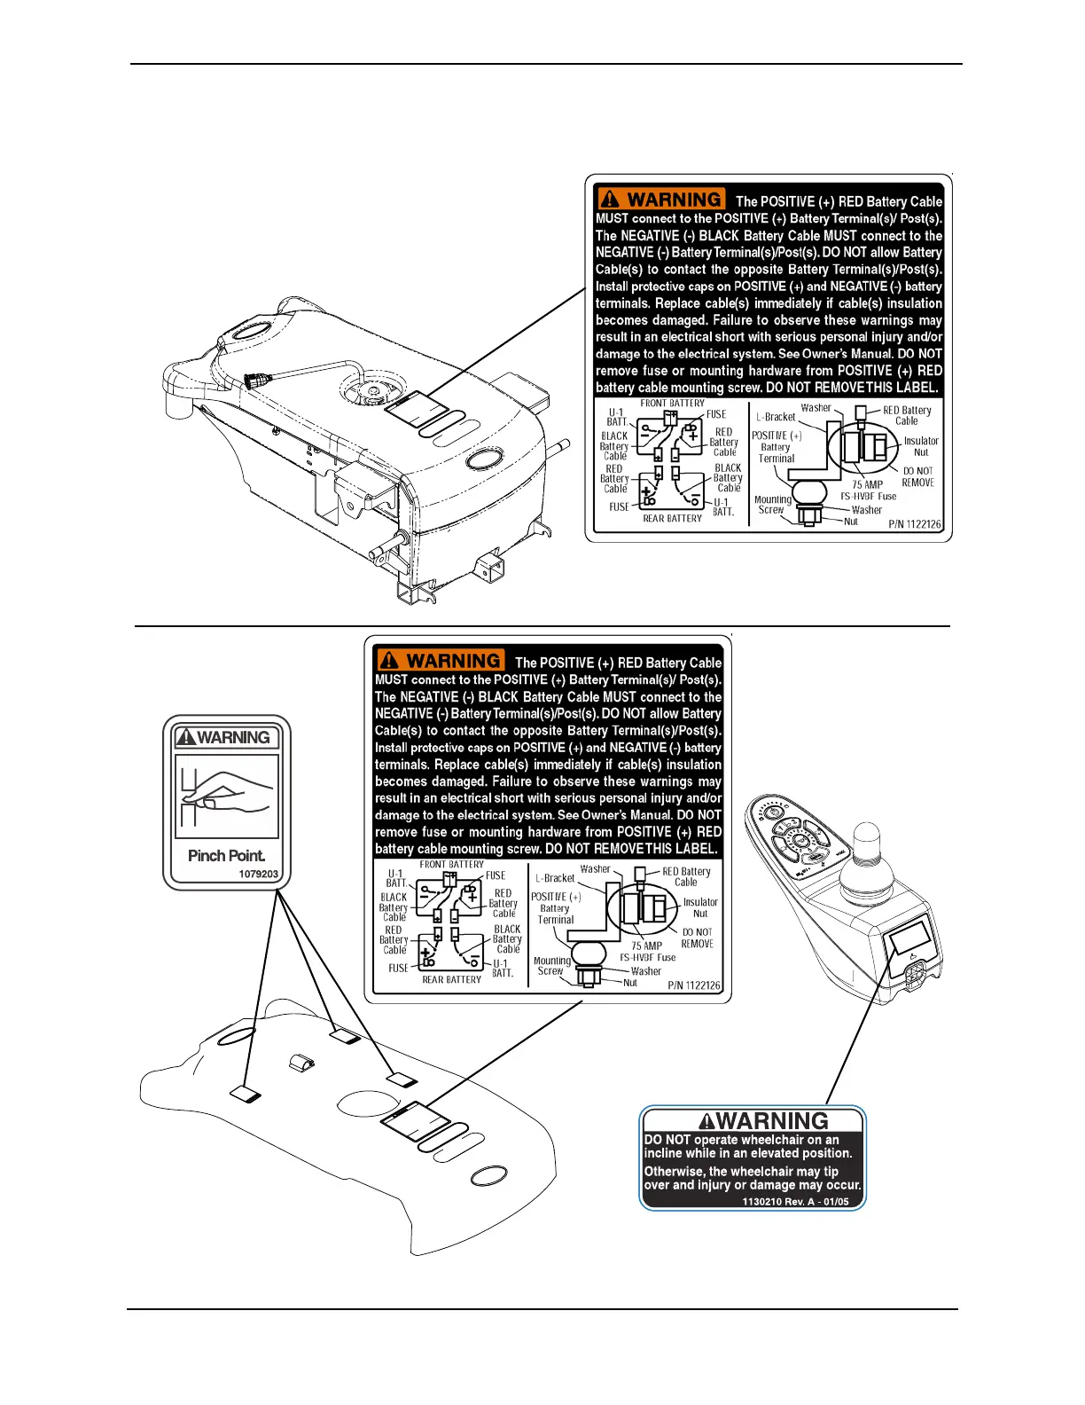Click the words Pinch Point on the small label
pos(226,856)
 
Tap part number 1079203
pos(258,875)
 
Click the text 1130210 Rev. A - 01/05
pos(795,1202)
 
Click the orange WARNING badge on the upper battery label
pos(660,200)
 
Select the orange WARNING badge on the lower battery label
pos(440,661)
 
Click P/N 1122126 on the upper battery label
pos(915,524)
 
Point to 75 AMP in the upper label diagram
pos(867,484)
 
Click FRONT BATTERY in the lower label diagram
pos(452,865)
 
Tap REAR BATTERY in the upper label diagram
pos(672,519)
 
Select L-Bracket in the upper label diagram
pos(776,417)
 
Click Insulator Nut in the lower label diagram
pos(700,907)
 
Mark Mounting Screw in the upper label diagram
pos(772,505)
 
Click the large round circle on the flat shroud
pos(366,1103)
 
